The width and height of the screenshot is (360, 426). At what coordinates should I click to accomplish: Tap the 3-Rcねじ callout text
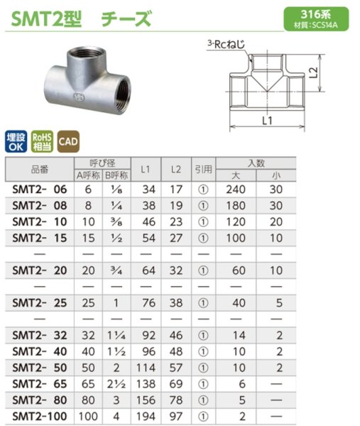230,44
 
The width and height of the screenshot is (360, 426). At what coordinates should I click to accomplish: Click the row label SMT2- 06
40,190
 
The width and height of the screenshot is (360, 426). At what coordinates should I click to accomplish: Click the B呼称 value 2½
116,383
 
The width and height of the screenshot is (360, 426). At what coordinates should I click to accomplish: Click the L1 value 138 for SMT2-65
147,383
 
